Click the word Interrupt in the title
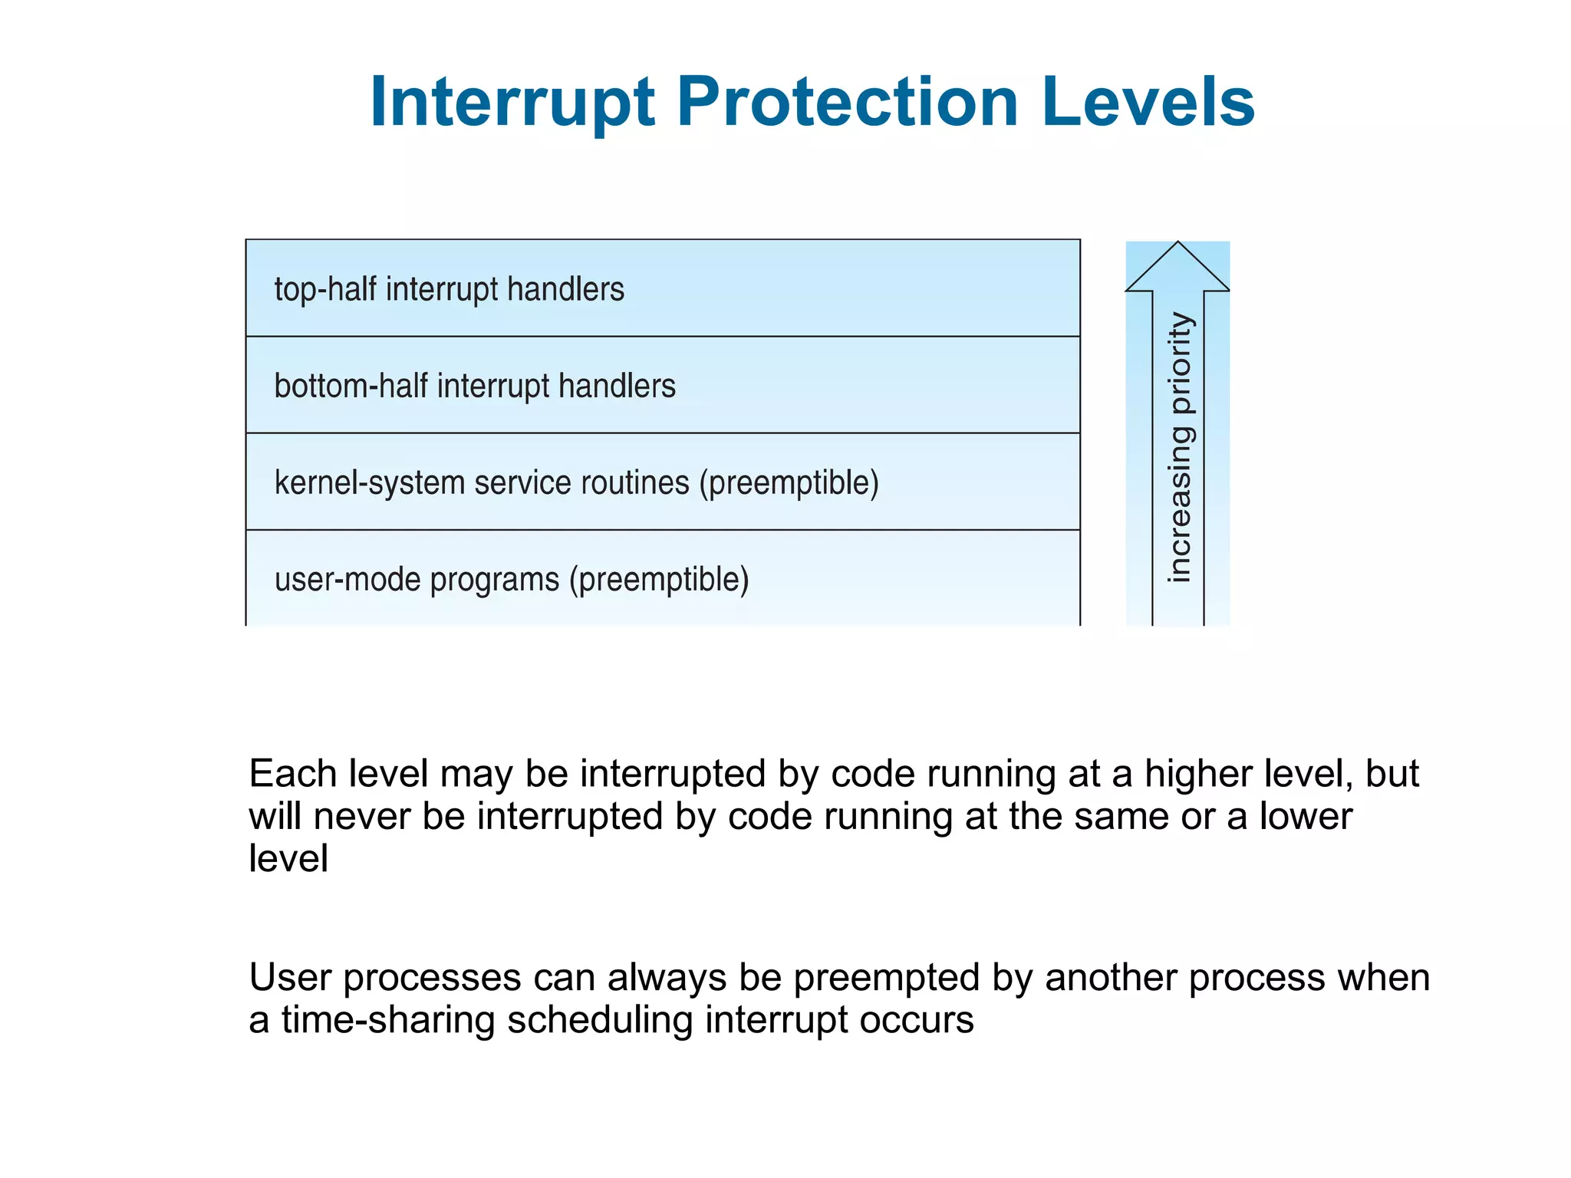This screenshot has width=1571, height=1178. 512,104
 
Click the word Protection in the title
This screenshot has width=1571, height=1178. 847,104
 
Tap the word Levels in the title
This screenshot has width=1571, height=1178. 1148,104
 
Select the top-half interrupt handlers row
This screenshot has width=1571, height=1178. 662,289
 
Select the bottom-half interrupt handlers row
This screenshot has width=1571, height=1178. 662,386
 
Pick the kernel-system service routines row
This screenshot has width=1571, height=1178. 662,482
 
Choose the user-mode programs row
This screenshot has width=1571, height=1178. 662,579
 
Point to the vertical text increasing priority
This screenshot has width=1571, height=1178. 1180,447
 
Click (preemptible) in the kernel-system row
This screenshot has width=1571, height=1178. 789,484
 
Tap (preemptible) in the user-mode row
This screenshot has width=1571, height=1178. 658,581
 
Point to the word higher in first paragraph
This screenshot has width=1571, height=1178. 1200,774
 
